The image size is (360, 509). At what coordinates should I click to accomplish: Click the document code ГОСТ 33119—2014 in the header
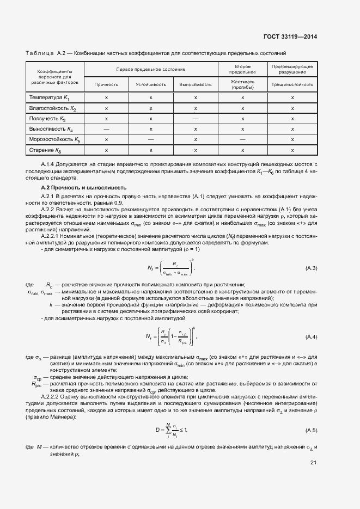pyautogui.click(x=290, y=38)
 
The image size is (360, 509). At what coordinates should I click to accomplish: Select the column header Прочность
pyautogui.click(x=106, y=84)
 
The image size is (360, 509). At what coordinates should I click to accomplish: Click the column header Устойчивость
pyautogui.click(x=150, y=84)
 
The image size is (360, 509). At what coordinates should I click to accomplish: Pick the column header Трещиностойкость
pyautogui.click(x=292, y=84)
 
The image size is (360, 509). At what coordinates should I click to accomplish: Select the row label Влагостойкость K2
pyautogui.click(x=52, y=108)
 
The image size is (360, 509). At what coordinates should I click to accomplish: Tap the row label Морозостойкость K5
pyautogui.click(x=54, y=139)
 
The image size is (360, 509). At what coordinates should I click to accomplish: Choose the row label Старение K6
pyautogui.click(x=46, y=150)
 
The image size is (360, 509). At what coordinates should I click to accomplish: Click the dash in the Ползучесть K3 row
pyautogui.click(x=196, y=118)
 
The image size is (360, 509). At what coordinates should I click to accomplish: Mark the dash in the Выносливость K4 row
pyautogui.click(x=106, y=129)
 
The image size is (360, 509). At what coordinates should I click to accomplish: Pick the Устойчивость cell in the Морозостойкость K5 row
pyautogui.click(x=151, y=139)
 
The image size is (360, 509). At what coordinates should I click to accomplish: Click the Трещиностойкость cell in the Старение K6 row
pyautogui.click(x=292, y=150)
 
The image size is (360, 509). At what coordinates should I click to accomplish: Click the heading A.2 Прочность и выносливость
pyautogui.click(x=77, y=187)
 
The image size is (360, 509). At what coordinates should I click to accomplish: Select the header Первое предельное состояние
pyautogui.click(x=151, y=70)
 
